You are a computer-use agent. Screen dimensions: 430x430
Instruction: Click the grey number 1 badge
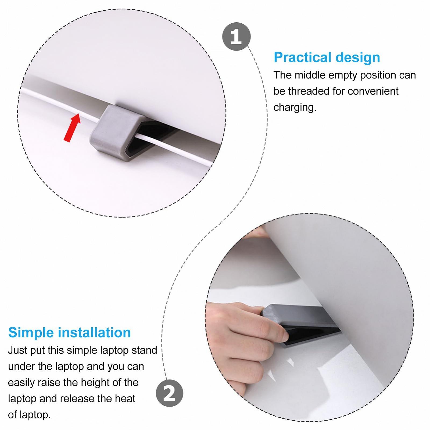[236, 37]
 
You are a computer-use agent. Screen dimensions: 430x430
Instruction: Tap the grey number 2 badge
[170, 393]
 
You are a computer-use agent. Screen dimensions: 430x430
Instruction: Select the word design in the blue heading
[358, 58]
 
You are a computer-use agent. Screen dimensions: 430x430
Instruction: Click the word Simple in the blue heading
[31, 333]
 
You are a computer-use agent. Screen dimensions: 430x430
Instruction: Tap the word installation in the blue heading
[94, 332]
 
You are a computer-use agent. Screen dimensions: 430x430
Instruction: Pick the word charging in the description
[295, 107]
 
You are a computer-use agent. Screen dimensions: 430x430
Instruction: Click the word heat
[125, 399]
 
